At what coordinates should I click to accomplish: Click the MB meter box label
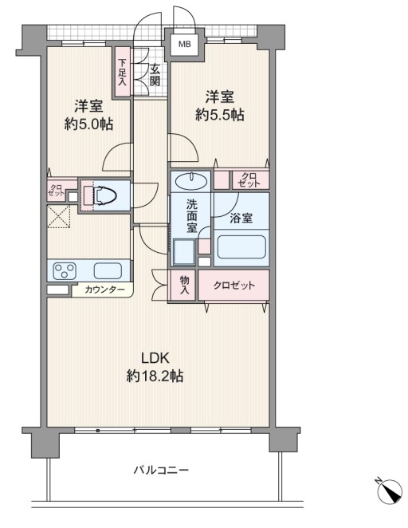coord(184,44)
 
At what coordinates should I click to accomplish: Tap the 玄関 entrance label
coord(155,75)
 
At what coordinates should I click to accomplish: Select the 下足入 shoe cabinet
coord(122,72)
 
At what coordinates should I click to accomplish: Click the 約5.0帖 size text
coord(88,124)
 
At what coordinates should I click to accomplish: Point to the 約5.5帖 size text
coord(220,115)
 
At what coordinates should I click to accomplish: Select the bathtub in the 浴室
coord(241,246)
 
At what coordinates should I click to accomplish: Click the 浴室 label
coord(241,218)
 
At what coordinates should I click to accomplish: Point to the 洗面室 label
coord(192,216)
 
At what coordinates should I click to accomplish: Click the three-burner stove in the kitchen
coord(65,270)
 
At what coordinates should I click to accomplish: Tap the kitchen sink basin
coord(108,270)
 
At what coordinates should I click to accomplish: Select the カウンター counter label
coord(104,290)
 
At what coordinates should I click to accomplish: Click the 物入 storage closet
coord(183,285)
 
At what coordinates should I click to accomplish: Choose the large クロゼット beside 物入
coord(234,285)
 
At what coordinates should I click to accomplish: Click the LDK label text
coord(155,359)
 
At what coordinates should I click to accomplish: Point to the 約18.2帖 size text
coord(155,376)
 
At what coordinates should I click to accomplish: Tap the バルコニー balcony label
coord(161,470)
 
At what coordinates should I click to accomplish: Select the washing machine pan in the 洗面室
coord(184,252)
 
